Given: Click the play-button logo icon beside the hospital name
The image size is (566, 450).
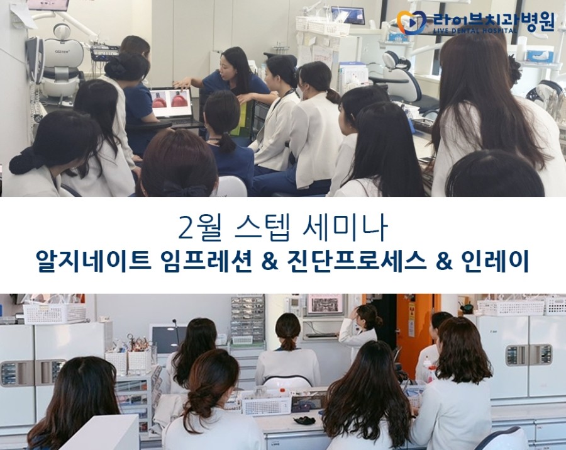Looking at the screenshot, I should (411, 23).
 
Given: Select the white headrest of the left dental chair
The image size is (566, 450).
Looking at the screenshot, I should (62, 31).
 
